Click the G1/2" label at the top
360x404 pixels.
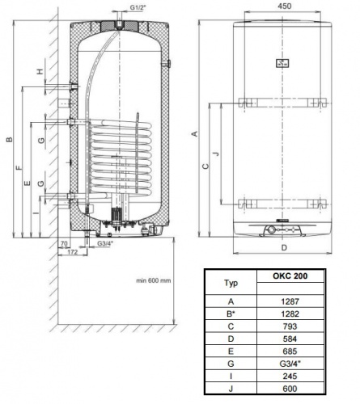(x=138, y=7)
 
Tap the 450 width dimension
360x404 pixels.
(x=285, y=6)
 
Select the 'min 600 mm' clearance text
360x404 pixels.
(x=153, y=280)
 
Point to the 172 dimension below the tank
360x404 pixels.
(x=73, y=252)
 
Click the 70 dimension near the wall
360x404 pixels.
(x=64, y=243)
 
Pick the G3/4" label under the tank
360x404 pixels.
(x=105, y=243)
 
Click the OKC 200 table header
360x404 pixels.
(x=290, y=276)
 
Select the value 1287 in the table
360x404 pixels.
(x=290, y=301)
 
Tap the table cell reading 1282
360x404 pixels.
(x=290, y=314)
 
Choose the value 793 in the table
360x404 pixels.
(x=290, y=326)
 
